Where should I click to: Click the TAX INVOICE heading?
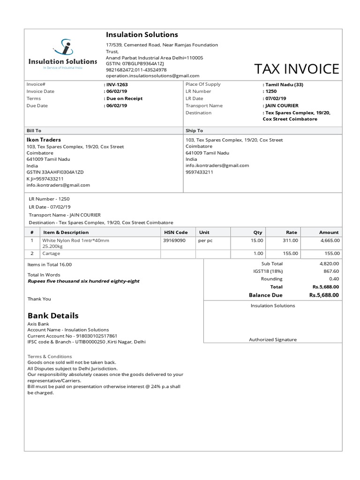(x=296, y=69)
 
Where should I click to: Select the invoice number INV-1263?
(x=116, y=84)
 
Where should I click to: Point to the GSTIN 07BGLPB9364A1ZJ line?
(x=135, y=63)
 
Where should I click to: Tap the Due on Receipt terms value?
(x=124, y=98)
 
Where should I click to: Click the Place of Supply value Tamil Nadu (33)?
(x=284, y=84)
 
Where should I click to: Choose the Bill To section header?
(x=34, y=130)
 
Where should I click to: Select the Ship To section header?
(x=194, y=130)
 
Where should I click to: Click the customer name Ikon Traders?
(x=44, y=140)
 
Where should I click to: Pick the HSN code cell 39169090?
(x=174, y=240)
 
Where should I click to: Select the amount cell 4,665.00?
(x=330, y=240)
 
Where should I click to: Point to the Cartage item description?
(x=51, y=254)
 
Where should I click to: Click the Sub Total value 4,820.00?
(x=329, y=263)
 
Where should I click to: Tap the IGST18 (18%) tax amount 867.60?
(x=331, y=271)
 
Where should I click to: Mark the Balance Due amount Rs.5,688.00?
(x=324, y=295)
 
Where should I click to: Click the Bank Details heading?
(x=53, y=315)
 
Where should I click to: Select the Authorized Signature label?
(x=272, y=340)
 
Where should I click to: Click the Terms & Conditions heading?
(x=50, y=356)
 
